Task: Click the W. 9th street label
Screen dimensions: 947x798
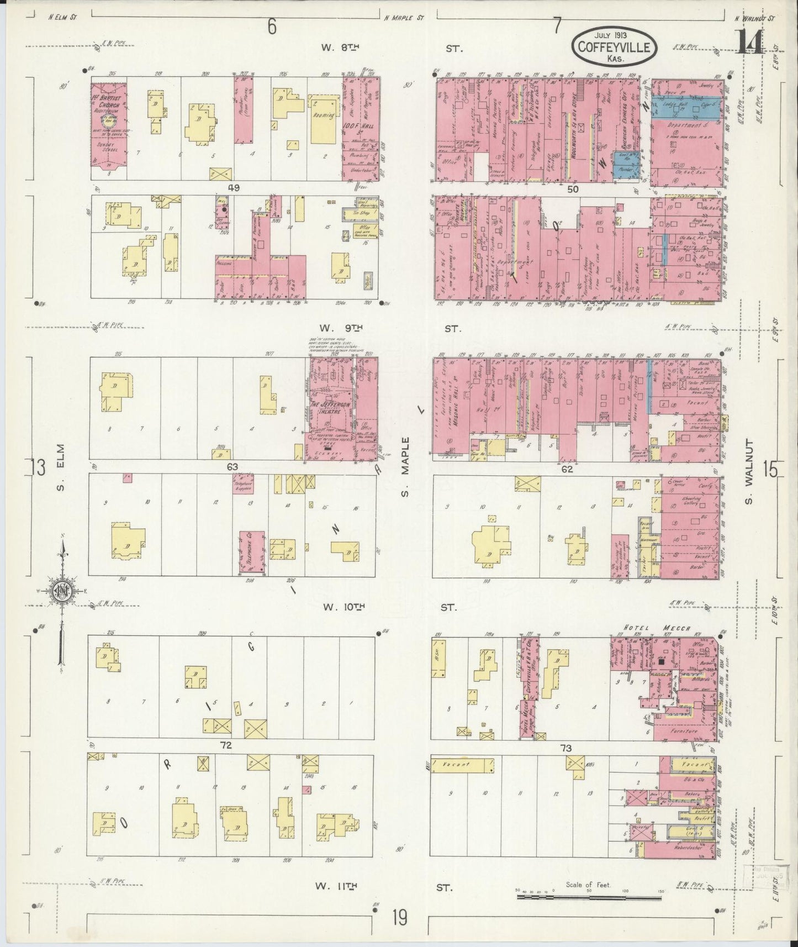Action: click(x=342, y=329)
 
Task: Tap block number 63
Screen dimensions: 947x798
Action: click(x=232, y=467)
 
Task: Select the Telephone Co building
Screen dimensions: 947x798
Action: click(x=252, y=553)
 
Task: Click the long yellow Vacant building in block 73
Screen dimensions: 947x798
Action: click(x=462, y=765)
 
